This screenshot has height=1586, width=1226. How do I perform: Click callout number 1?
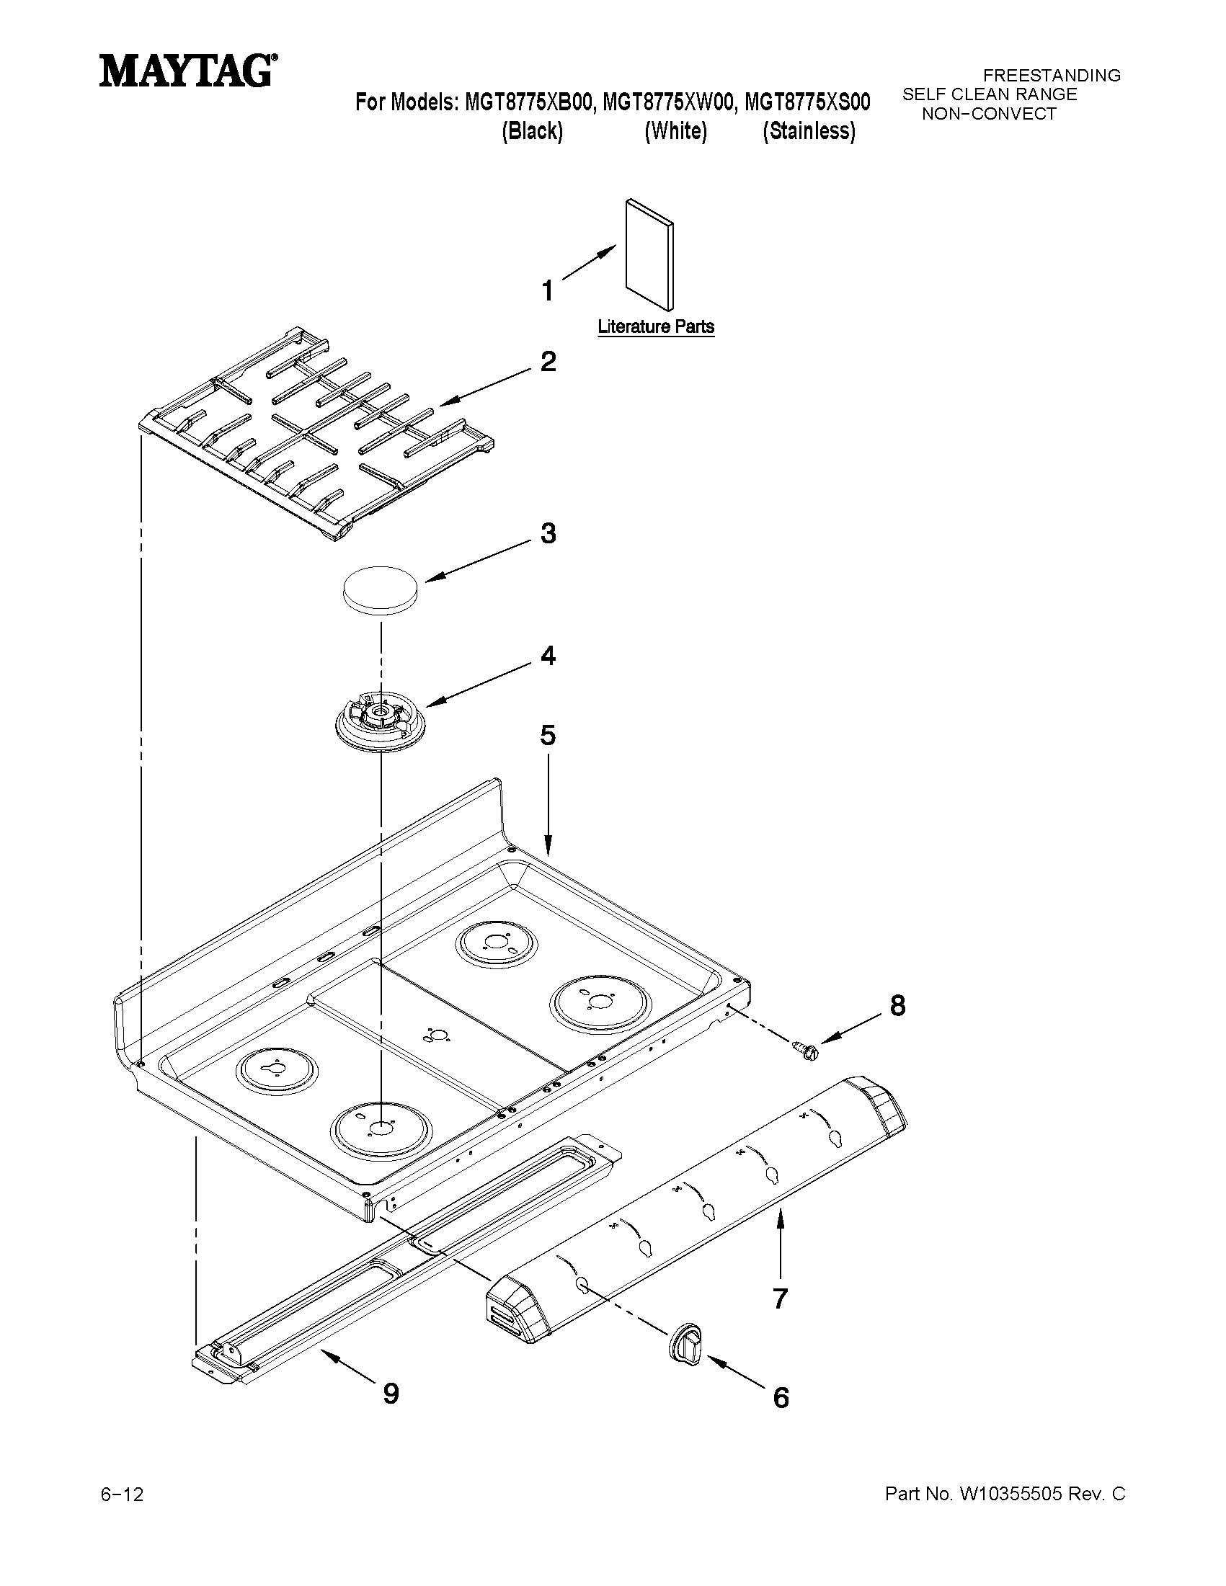pyautogui.click(x=548, y=290)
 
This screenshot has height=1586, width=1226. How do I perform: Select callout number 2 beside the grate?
pyautogui.click(x=548, y=361)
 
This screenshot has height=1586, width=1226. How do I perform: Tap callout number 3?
pyautogui.click(x=548, y=533)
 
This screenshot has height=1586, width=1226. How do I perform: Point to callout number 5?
pyautogui.click(x=548, y=735)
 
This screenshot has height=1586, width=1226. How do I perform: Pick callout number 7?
pyautogui.click(x=780, y=1298)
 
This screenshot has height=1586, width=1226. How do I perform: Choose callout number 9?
pyautogui.click(x=391, y=1393)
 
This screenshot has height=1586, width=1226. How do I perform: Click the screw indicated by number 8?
pyautogui.click(x=806, y=1049)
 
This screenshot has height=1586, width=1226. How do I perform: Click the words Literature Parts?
pyautogui.click(x=656, y=327)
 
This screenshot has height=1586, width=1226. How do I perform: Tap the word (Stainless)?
pyautogui.click(x=809, y=131)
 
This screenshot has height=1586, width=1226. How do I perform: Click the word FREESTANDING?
pyautogui.click(x=1051, y=76)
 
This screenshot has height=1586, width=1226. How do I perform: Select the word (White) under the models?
pyautogui.click(x=675, y=131)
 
